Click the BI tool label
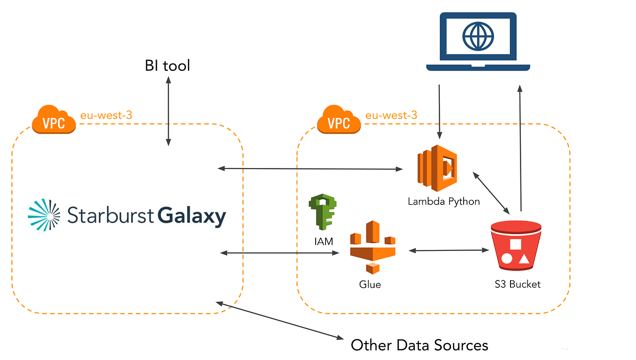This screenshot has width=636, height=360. pos(167,66)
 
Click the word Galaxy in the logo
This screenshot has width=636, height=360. pos(191,216)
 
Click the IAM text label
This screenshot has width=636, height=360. pos(323,242)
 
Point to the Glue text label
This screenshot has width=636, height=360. pos(370,284)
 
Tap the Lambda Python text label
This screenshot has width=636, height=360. pos(444,201)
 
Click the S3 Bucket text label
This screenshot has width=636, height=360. pos(518,284)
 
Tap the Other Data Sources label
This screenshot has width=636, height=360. pos(419,345)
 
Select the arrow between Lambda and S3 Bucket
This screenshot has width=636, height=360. pos(491,192)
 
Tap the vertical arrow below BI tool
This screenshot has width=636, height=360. pos(168,112)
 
